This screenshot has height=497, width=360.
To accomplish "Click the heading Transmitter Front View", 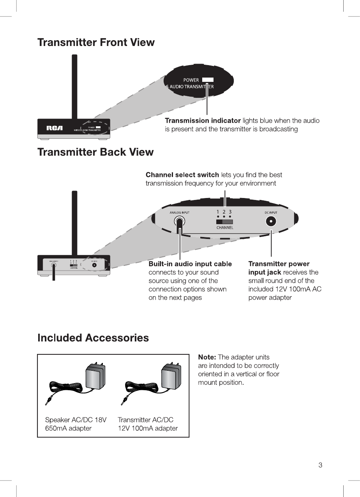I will [96, 42].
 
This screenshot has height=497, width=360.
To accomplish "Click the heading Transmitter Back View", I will [95, 152].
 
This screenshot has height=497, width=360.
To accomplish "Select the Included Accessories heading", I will [93, 338].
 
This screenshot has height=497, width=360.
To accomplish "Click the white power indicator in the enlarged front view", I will [208, 80].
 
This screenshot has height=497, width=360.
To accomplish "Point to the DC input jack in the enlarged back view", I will [271, 222].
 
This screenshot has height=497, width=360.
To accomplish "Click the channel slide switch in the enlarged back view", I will [224, 221].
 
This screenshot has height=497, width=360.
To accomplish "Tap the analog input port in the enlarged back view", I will [179, 222].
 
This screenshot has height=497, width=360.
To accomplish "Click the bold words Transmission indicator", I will [203, 121].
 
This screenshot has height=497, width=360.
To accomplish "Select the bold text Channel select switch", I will [182, 175].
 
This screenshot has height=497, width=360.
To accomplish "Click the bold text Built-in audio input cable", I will [190, 264].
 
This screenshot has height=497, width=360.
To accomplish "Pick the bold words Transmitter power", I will [279, 264].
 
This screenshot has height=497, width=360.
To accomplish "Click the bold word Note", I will [207, 357].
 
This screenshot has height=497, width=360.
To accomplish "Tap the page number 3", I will [320, 465].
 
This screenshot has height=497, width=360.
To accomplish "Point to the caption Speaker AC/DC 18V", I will [76, 420].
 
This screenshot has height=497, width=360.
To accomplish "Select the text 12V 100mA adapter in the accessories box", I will [148, 428].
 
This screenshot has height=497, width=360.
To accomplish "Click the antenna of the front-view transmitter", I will [74, 86].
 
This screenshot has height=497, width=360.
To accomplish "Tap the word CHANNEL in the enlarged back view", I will [225, 228].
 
